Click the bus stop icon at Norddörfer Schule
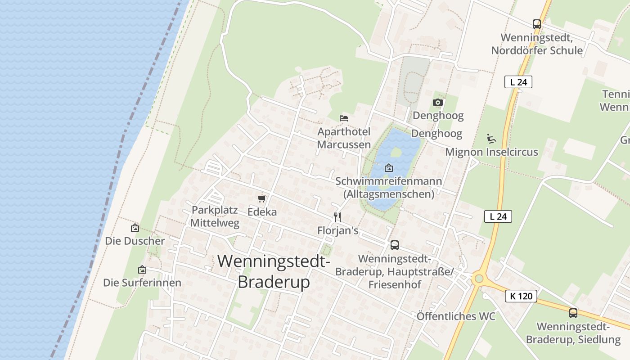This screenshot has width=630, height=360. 536,24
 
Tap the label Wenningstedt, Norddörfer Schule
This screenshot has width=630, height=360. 536,44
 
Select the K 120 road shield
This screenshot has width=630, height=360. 521,296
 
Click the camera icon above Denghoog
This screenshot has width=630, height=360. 437,103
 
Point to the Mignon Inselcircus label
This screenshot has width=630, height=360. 491,152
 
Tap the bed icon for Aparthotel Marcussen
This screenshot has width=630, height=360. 344,118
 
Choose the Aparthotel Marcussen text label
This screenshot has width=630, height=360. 344,138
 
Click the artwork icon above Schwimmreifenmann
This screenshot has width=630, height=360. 389,168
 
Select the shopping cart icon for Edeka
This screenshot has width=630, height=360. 261,198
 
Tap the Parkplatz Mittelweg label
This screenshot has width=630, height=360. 215,216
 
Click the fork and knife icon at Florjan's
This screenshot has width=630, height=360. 337,217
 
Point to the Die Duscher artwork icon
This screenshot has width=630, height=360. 135,228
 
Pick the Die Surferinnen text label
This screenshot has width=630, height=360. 142,283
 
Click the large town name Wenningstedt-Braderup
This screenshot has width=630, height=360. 274,271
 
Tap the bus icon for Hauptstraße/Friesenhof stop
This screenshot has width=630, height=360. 394,245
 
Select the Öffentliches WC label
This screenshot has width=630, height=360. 456,316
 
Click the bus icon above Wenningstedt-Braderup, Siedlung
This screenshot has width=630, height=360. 573,313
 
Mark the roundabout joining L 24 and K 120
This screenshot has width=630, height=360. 478,279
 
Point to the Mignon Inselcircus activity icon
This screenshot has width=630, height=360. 491,139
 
